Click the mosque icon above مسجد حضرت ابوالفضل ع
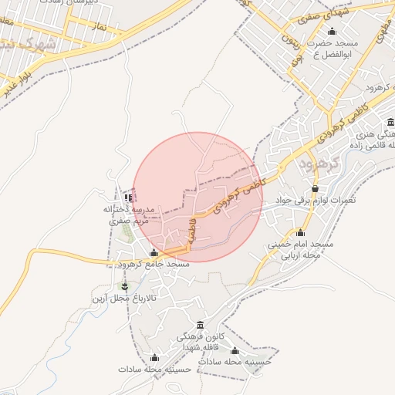coord(332,32)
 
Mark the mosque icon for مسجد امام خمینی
coord(299,233)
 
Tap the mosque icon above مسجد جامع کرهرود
coord(154,252)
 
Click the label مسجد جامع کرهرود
coord(154,264)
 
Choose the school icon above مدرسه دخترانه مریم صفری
coord(128,197)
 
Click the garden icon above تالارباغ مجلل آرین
coord(125,286)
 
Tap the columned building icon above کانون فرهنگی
coord(201,326)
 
